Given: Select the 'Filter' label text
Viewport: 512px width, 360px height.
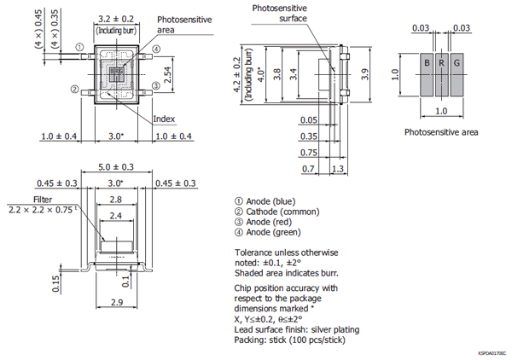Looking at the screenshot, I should (43, 199).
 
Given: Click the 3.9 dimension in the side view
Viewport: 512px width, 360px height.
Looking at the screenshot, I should (365, 77).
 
